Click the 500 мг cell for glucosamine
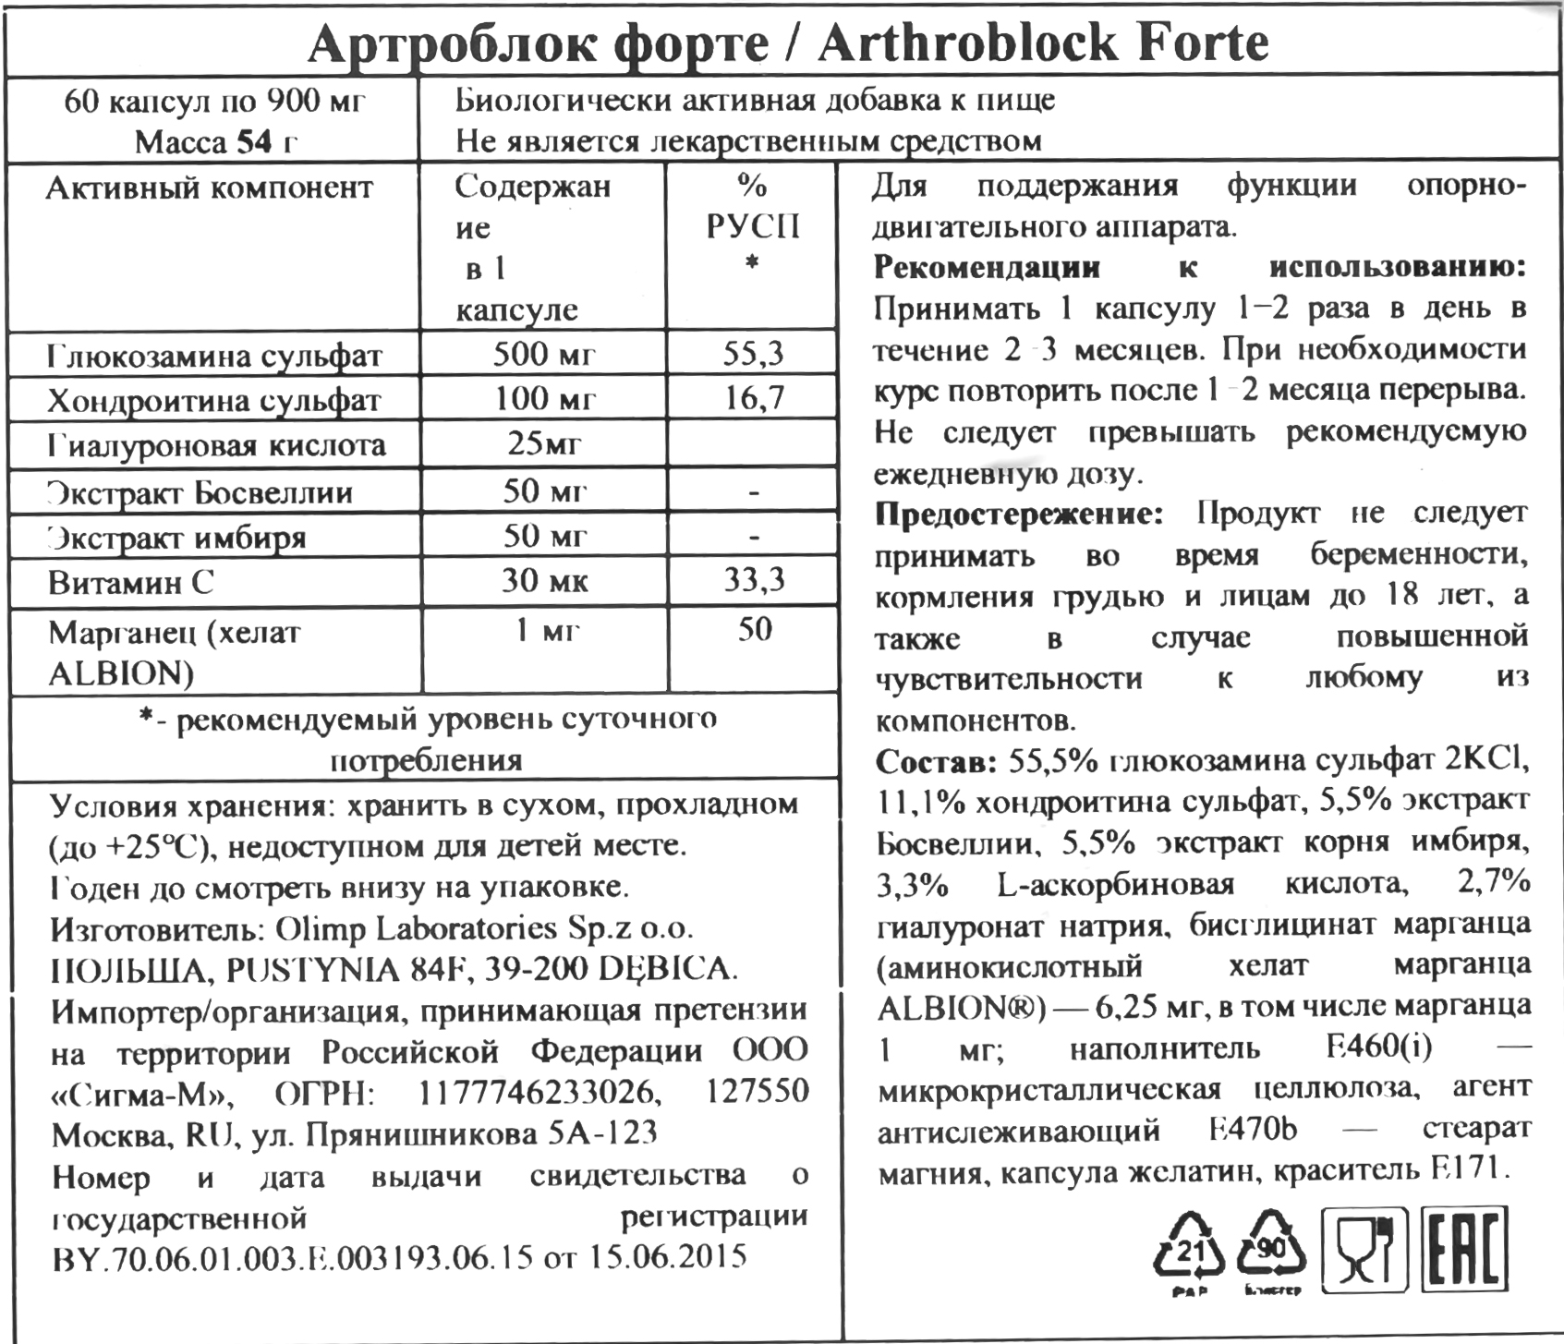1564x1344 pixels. click(544, 355)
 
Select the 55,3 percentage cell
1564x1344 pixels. click(753, 353)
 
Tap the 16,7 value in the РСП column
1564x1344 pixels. click(753, 398)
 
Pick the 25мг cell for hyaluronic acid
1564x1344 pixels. click(544, 444)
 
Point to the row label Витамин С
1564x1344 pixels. click(130, 583)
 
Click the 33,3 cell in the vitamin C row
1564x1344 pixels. click(753, 580)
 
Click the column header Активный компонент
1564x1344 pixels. click(210, 188)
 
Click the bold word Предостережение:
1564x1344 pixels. click(1019, 514)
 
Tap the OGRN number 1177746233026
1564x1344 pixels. click(540, 1093)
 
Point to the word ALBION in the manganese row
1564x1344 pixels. click(120, 674)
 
